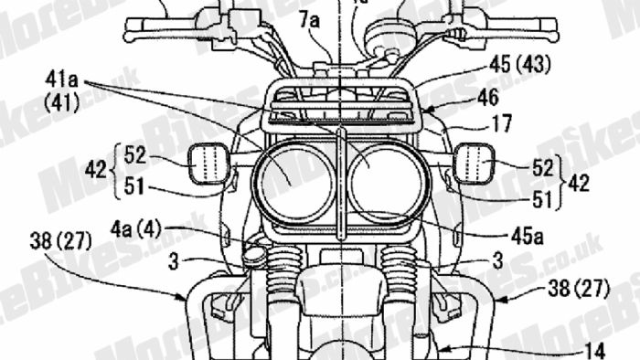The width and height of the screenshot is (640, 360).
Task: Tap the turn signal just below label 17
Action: click(x=475, y=165)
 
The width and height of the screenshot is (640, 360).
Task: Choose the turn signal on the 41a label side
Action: click(x=208, y=165)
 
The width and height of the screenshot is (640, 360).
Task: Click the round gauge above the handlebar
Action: click(x=388, y=39)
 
